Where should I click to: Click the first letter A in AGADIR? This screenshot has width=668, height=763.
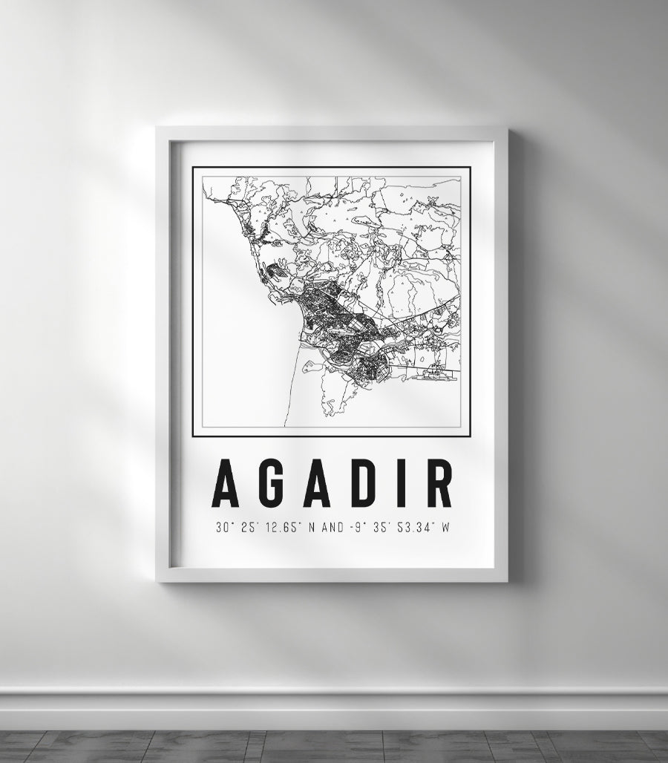[x=226, y=483]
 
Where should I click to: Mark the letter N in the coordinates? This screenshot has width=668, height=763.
[x=311, y=528]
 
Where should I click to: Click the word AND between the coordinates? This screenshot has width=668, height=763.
[x=333, y=528]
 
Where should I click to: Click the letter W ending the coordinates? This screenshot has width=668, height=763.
[x=446, y=528]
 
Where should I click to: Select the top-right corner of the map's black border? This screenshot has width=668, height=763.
[x=470, y=168]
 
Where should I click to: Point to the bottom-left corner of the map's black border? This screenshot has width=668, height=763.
[x=194, y=436]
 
